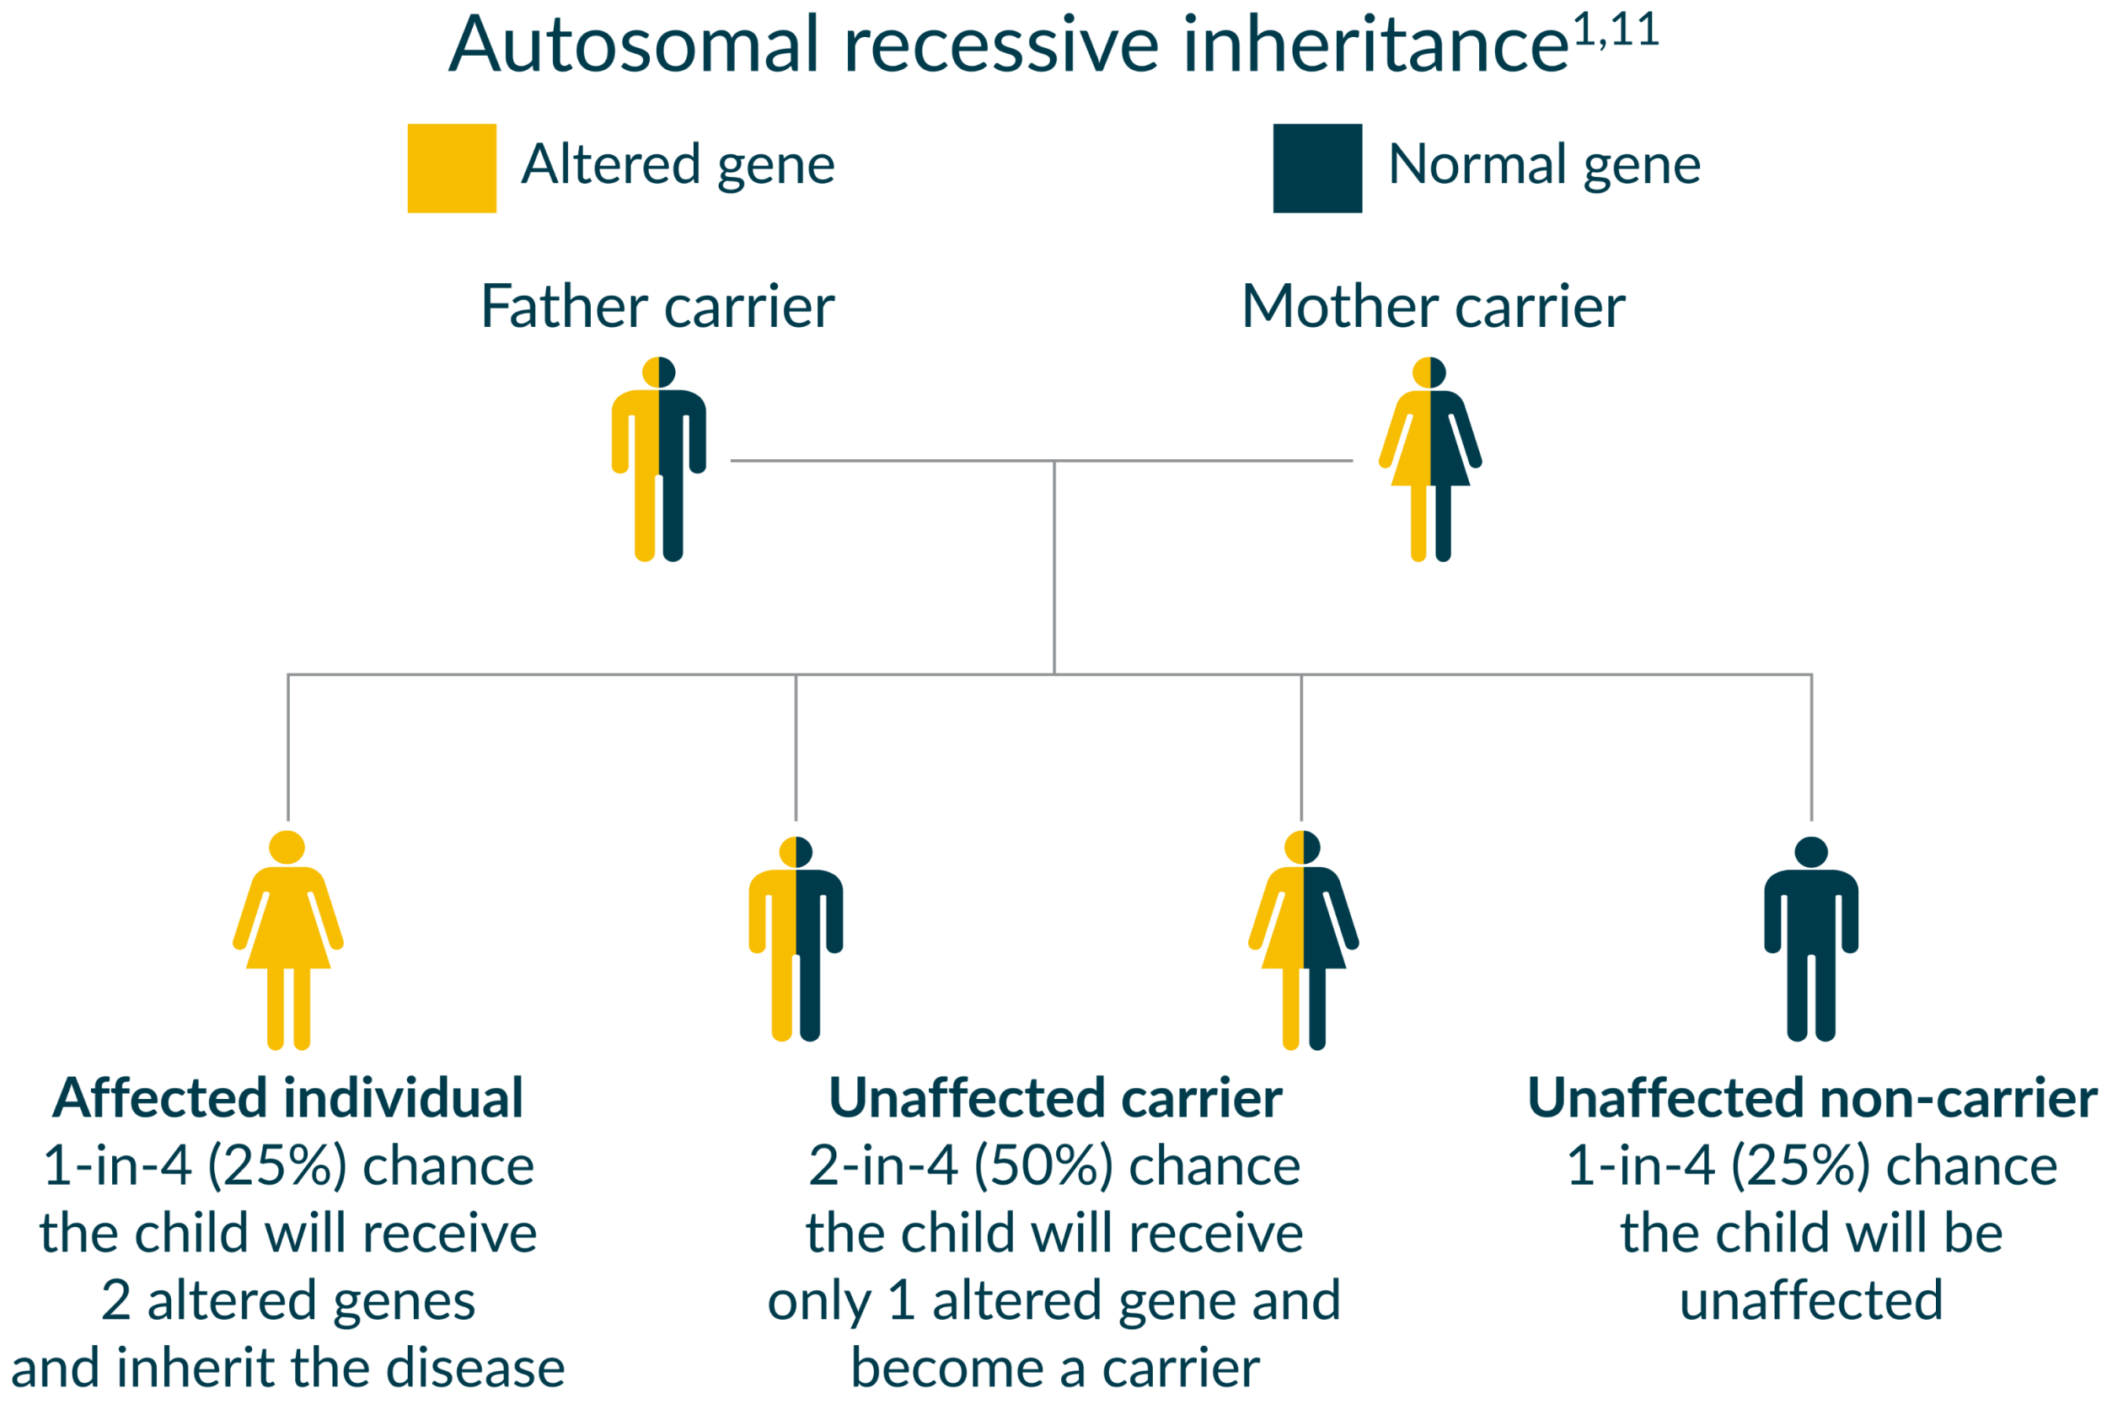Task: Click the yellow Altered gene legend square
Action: (x=453, y=169)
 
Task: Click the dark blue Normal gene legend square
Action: (x=1317, y=169)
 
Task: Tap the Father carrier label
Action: (x=657, y=307)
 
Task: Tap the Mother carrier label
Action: (x=1434, y=307)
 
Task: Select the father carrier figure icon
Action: (x=659, y=459)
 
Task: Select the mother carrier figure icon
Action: (x=1430, y=459)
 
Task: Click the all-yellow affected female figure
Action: (x=287, y=940)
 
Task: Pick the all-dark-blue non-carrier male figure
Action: (x=1810, y=940)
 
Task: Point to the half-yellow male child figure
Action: (x=796, y=940)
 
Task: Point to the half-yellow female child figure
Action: (x=1304, y=940)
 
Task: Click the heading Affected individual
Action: (x=287, y=1099)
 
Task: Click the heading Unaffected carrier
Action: (x=1055, y=1099)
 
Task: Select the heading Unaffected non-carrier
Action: (x=1811, y=1099)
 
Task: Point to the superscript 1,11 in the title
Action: (x=1616, y=30)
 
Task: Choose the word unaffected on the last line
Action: (x=1810, y=1301)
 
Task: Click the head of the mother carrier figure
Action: (x=1429, y=372)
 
